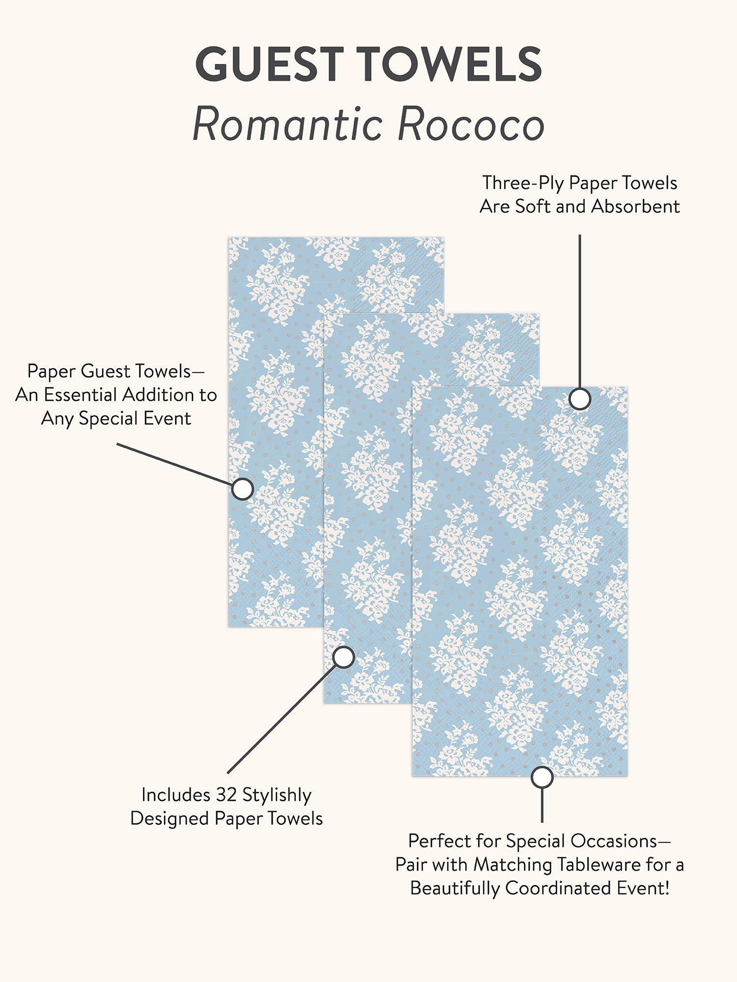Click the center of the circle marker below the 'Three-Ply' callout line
580,399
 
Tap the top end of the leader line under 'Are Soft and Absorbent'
580,235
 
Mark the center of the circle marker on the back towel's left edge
242,489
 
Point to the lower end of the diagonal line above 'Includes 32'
228,773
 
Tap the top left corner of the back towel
228,237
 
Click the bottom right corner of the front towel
628,776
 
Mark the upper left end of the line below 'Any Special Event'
117,444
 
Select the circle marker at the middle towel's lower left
343,657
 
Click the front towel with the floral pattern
520,581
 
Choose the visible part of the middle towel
368,508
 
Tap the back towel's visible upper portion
336,275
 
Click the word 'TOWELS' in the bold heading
449,64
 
